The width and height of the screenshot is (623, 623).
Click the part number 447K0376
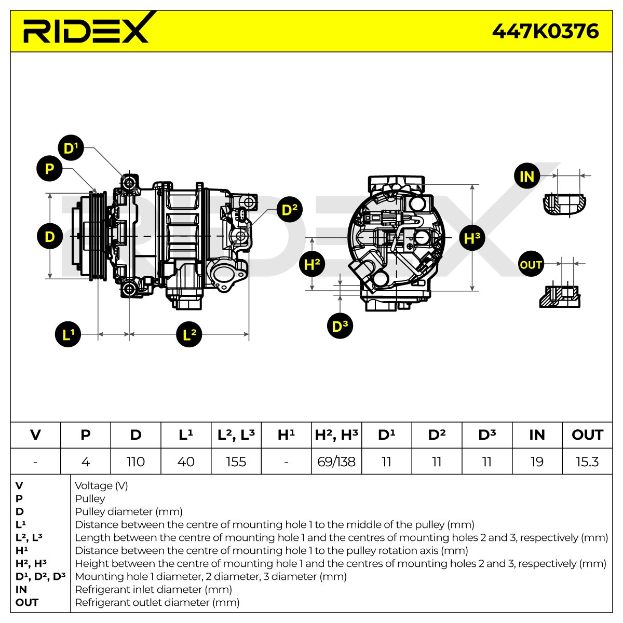coord(545,31)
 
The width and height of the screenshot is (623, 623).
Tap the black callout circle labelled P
coord(49,168)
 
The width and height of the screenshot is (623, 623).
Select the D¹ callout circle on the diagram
coord(71,148)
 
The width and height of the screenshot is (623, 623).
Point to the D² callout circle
coord(290,209)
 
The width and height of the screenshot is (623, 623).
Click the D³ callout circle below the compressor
coord(340,326)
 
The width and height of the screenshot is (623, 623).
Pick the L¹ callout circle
coord(68,334)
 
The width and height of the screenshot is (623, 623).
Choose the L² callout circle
coord(189,334)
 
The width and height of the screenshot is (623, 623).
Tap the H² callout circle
coord(312,264)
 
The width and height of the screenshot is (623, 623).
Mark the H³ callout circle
coord(472,238)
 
